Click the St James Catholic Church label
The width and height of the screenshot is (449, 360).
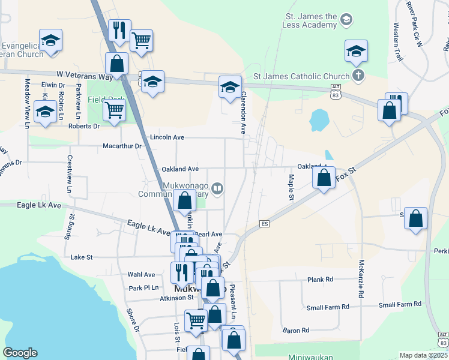(x=301, y=76)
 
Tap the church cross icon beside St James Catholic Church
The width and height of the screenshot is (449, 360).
(x=358, y=76)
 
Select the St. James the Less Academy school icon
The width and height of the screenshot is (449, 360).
(x=346, y=20)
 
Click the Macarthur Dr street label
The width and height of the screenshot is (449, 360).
(x=121, y=146)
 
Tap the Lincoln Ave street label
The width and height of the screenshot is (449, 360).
(x=167, y=137)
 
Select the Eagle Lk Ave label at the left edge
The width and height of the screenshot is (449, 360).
(x=31, y=205)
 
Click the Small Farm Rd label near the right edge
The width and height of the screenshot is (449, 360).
(x=403, y=305)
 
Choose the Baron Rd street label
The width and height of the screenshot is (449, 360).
(x=296, y=330)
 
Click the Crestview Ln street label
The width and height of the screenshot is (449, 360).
(x=70, y=174)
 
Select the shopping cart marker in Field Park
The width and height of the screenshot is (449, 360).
(x=114, y=111)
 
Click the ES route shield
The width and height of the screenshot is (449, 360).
(x=264, y=224)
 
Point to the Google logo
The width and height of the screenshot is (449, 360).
(x=20, y=353)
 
